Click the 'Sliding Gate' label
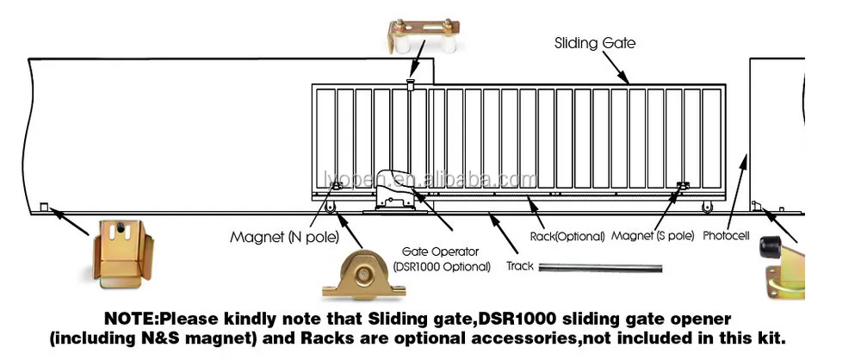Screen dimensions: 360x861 coord(594,43)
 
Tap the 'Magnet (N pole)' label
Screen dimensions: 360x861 coord(283,237)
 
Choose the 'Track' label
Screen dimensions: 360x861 coord(519,265)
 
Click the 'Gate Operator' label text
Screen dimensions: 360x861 coord(441,251)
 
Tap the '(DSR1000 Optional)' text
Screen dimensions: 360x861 coord(441,267)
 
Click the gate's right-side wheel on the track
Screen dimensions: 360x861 coord(707,208)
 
